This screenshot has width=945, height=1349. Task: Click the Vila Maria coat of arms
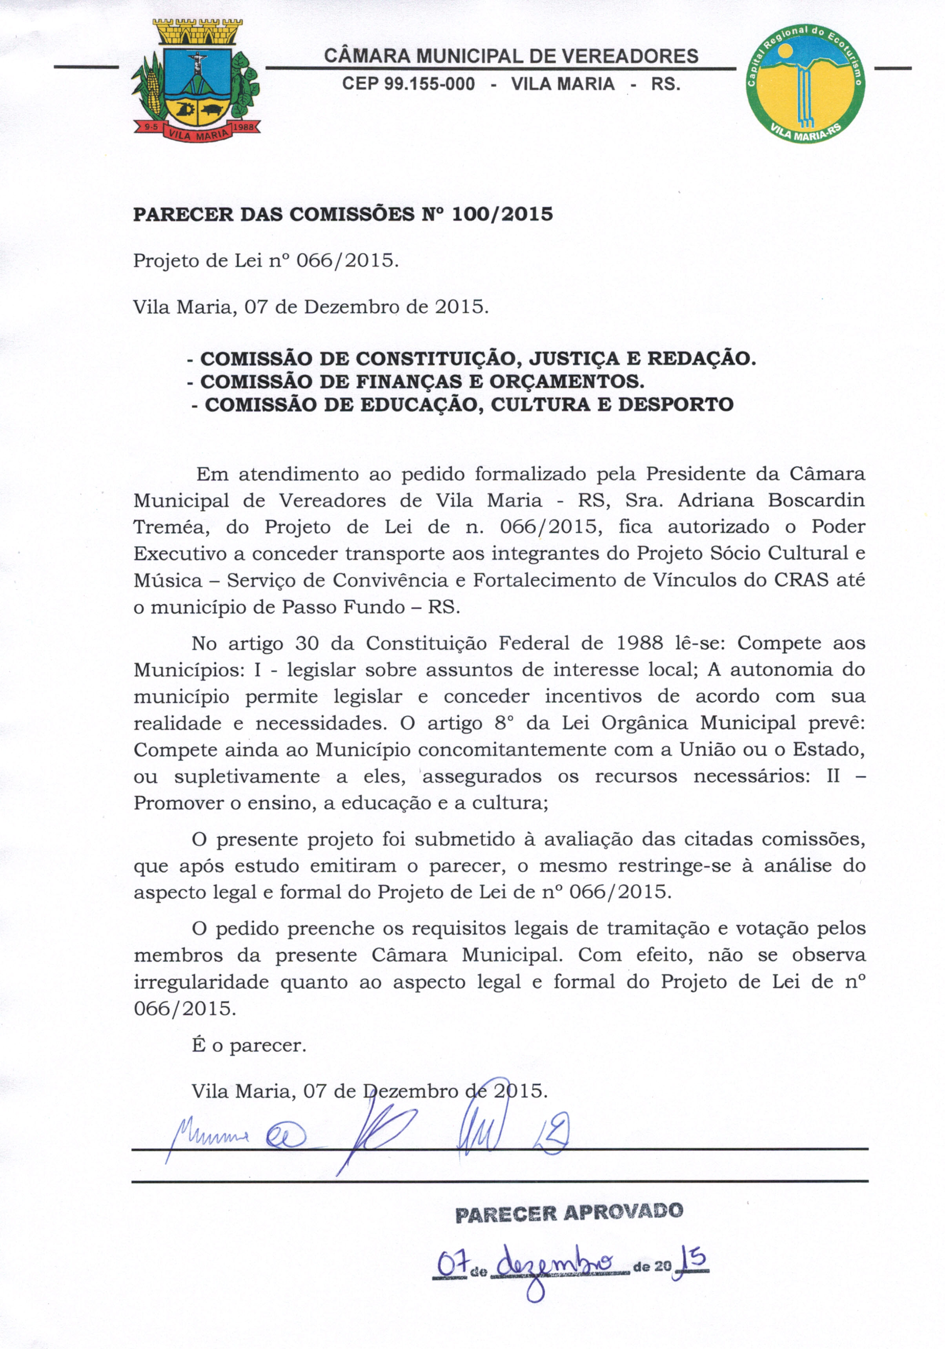click(x=196, y=79)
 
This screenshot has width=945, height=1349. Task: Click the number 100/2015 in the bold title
click(x=502, y=214)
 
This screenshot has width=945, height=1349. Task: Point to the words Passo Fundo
click(x=343, y=606)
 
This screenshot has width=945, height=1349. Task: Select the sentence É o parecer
click(x=249, y=1045)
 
